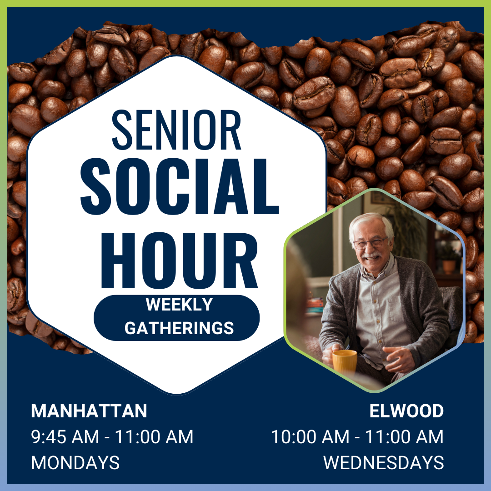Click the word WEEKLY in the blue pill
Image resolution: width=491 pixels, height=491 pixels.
[x=179, y=305]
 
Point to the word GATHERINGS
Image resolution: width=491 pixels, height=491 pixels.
[x=179, y=328]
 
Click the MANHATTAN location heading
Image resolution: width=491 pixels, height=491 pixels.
[x=89, y=411]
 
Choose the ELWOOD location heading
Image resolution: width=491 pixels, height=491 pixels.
[x=406, y=411]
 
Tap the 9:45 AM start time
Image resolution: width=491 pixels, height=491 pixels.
[x=65, y=437]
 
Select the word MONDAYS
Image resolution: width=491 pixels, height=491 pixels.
[x=75, y=463]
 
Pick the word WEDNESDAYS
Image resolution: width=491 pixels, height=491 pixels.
[x=383, y=463]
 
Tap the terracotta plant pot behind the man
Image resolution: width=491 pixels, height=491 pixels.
[x=449, y=266]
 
